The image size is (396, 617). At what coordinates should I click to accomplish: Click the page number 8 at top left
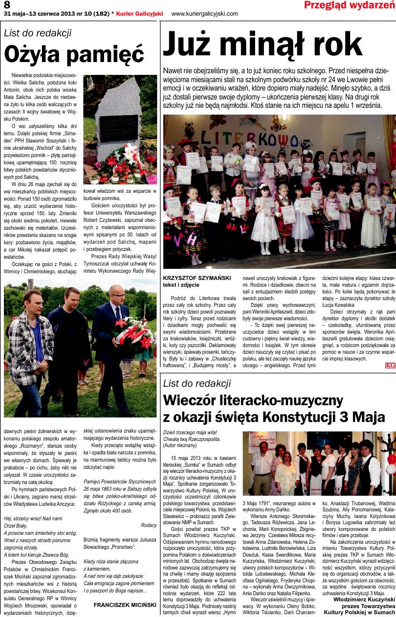(x=7, y=4)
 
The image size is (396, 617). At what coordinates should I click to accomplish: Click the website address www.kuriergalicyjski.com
(x=204, y=13)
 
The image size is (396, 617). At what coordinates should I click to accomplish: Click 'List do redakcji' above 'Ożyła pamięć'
(x=37, y=32)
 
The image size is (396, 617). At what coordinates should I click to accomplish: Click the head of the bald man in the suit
(x=115, y=295)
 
